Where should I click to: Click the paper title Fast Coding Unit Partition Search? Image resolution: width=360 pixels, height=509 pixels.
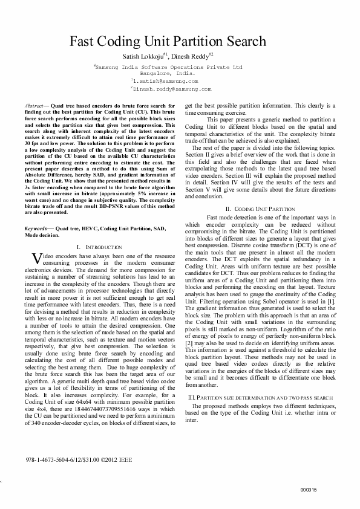pyautogui.click(x=168, y=41)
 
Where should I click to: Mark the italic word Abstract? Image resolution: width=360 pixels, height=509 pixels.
pyautogui.click(x=34, y=105)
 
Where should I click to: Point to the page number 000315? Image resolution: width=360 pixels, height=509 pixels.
pyautogui.click(x=308, y=490)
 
